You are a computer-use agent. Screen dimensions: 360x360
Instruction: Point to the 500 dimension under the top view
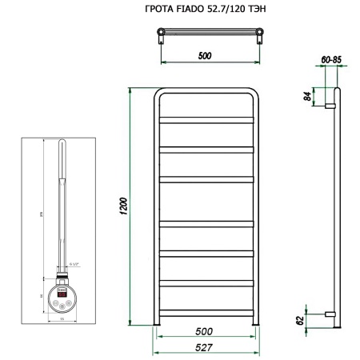pos(206,57)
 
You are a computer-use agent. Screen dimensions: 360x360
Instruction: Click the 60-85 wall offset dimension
pos(330,58)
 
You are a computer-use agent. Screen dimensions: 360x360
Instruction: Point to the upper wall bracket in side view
pos(330,104)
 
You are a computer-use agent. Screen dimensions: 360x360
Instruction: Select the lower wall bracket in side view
pos(330,312)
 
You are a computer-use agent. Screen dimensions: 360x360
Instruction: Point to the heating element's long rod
pos(62,200)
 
